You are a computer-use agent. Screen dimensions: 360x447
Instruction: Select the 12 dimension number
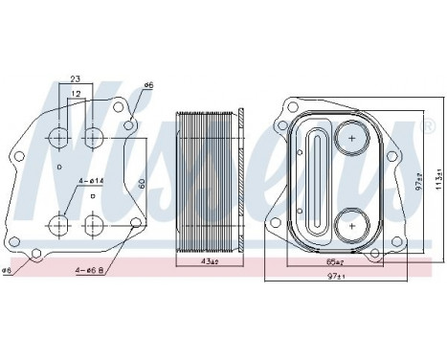click(x=75, y=94)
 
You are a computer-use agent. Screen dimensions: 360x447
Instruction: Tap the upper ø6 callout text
click(x=148, y=86)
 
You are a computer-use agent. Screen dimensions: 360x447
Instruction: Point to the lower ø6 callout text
click(x=11, y=269)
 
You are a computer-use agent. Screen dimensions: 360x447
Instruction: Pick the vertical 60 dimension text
click(x=141, y=182)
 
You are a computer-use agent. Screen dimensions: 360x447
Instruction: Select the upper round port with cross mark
click(x=352, y=140)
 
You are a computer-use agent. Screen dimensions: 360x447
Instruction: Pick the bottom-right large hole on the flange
click(x=93, y=226)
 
